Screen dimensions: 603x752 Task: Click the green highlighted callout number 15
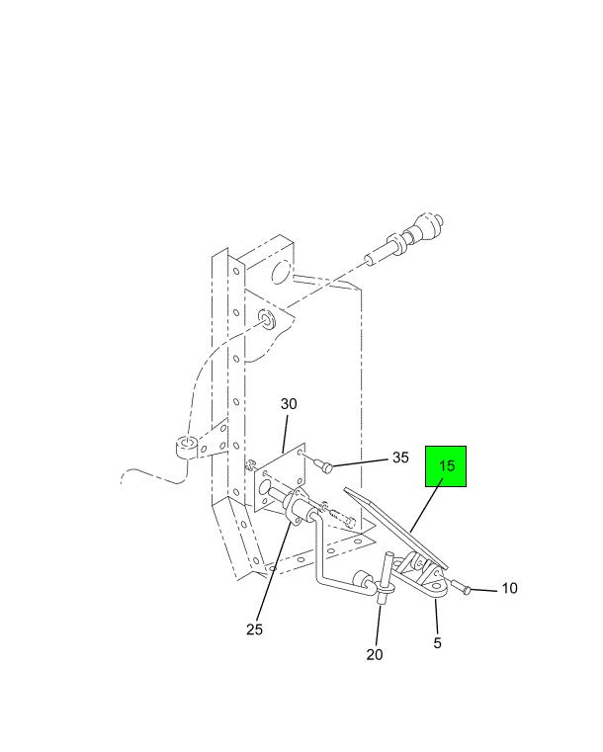pos(446,465)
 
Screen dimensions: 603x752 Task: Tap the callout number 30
pos(289,404)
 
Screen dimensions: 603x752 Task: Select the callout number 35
pos(400,458)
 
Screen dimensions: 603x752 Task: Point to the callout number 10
pos(509,588)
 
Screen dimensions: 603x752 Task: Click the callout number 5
pos(438,643)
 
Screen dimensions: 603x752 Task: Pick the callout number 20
pos(375,654)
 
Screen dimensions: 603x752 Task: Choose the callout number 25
pos(255,629)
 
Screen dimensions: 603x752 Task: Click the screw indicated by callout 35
pos(325,465)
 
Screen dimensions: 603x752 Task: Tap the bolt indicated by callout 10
pos(462,587)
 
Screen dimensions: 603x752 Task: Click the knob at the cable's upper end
pos(425,229)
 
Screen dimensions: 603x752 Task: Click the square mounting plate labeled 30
pos(280,478)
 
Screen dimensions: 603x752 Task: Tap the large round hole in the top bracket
pos(281,272)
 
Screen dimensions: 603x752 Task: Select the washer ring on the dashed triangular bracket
pos(266,319)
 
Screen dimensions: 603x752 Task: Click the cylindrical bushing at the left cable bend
pos(186,448)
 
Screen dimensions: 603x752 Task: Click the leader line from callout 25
pos(274,571)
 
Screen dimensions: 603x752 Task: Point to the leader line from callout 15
pos(426,508)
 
